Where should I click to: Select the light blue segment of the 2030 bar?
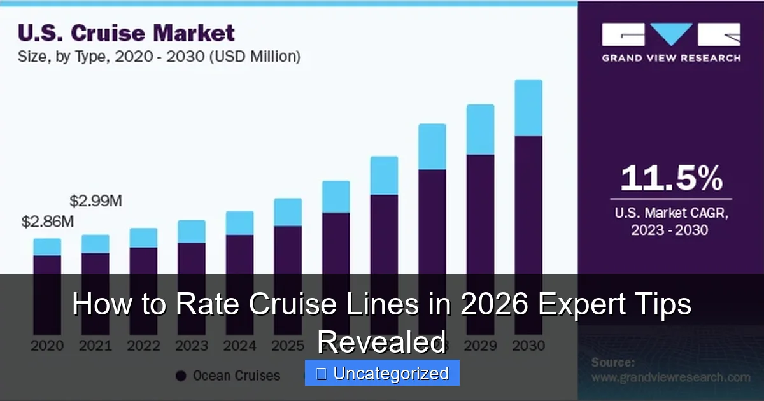(528, 108)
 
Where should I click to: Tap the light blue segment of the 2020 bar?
(47, 247)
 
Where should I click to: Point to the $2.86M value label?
(48, 222)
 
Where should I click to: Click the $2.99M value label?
(95, 201)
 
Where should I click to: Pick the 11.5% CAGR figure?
(671, 178)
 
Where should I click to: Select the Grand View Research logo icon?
(671, 34)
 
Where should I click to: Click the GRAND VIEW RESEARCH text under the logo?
(671, 58)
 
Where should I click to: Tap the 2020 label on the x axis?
(47, 346)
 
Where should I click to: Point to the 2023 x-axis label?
(192, 346)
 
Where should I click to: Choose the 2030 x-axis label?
(528, 346)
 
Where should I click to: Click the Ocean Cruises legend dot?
(181, 376)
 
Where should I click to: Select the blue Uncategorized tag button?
(382, 373)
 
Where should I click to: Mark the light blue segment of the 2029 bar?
(480, 129)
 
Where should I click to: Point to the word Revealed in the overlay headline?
(382, 342)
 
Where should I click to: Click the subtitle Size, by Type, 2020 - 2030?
(159, 57)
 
